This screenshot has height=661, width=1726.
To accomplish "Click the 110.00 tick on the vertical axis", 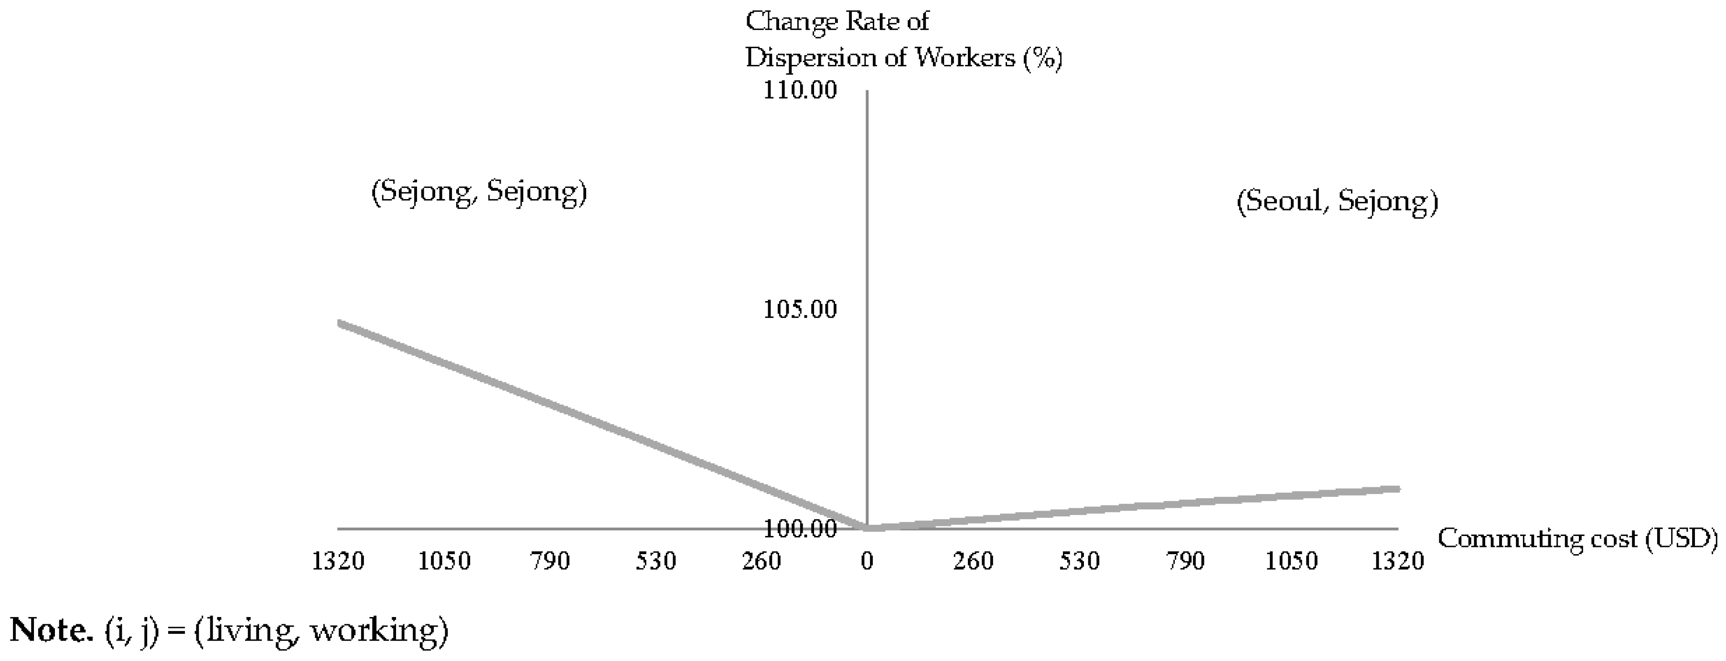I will [x=800, y=90].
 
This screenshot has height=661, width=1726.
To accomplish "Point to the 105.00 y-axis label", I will [x=800, y=309].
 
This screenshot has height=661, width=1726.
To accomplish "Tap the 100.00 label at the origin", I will [x=800, y=529].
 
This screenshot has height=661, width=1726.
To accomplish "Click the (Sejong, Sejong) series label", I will [x=479, y=192].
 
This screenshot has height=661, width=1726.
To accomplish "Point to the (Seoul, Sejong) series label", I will [x=1337, y=201].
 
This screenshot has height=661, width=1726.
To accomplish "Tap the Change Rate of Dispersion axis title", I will [x=903, y=40].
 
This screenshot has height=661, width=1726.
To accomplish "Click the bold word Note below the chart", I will [x=52, y=630].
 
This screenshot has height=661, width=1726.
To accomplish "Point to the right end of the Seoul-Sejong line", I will [x=1398, y=489].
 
